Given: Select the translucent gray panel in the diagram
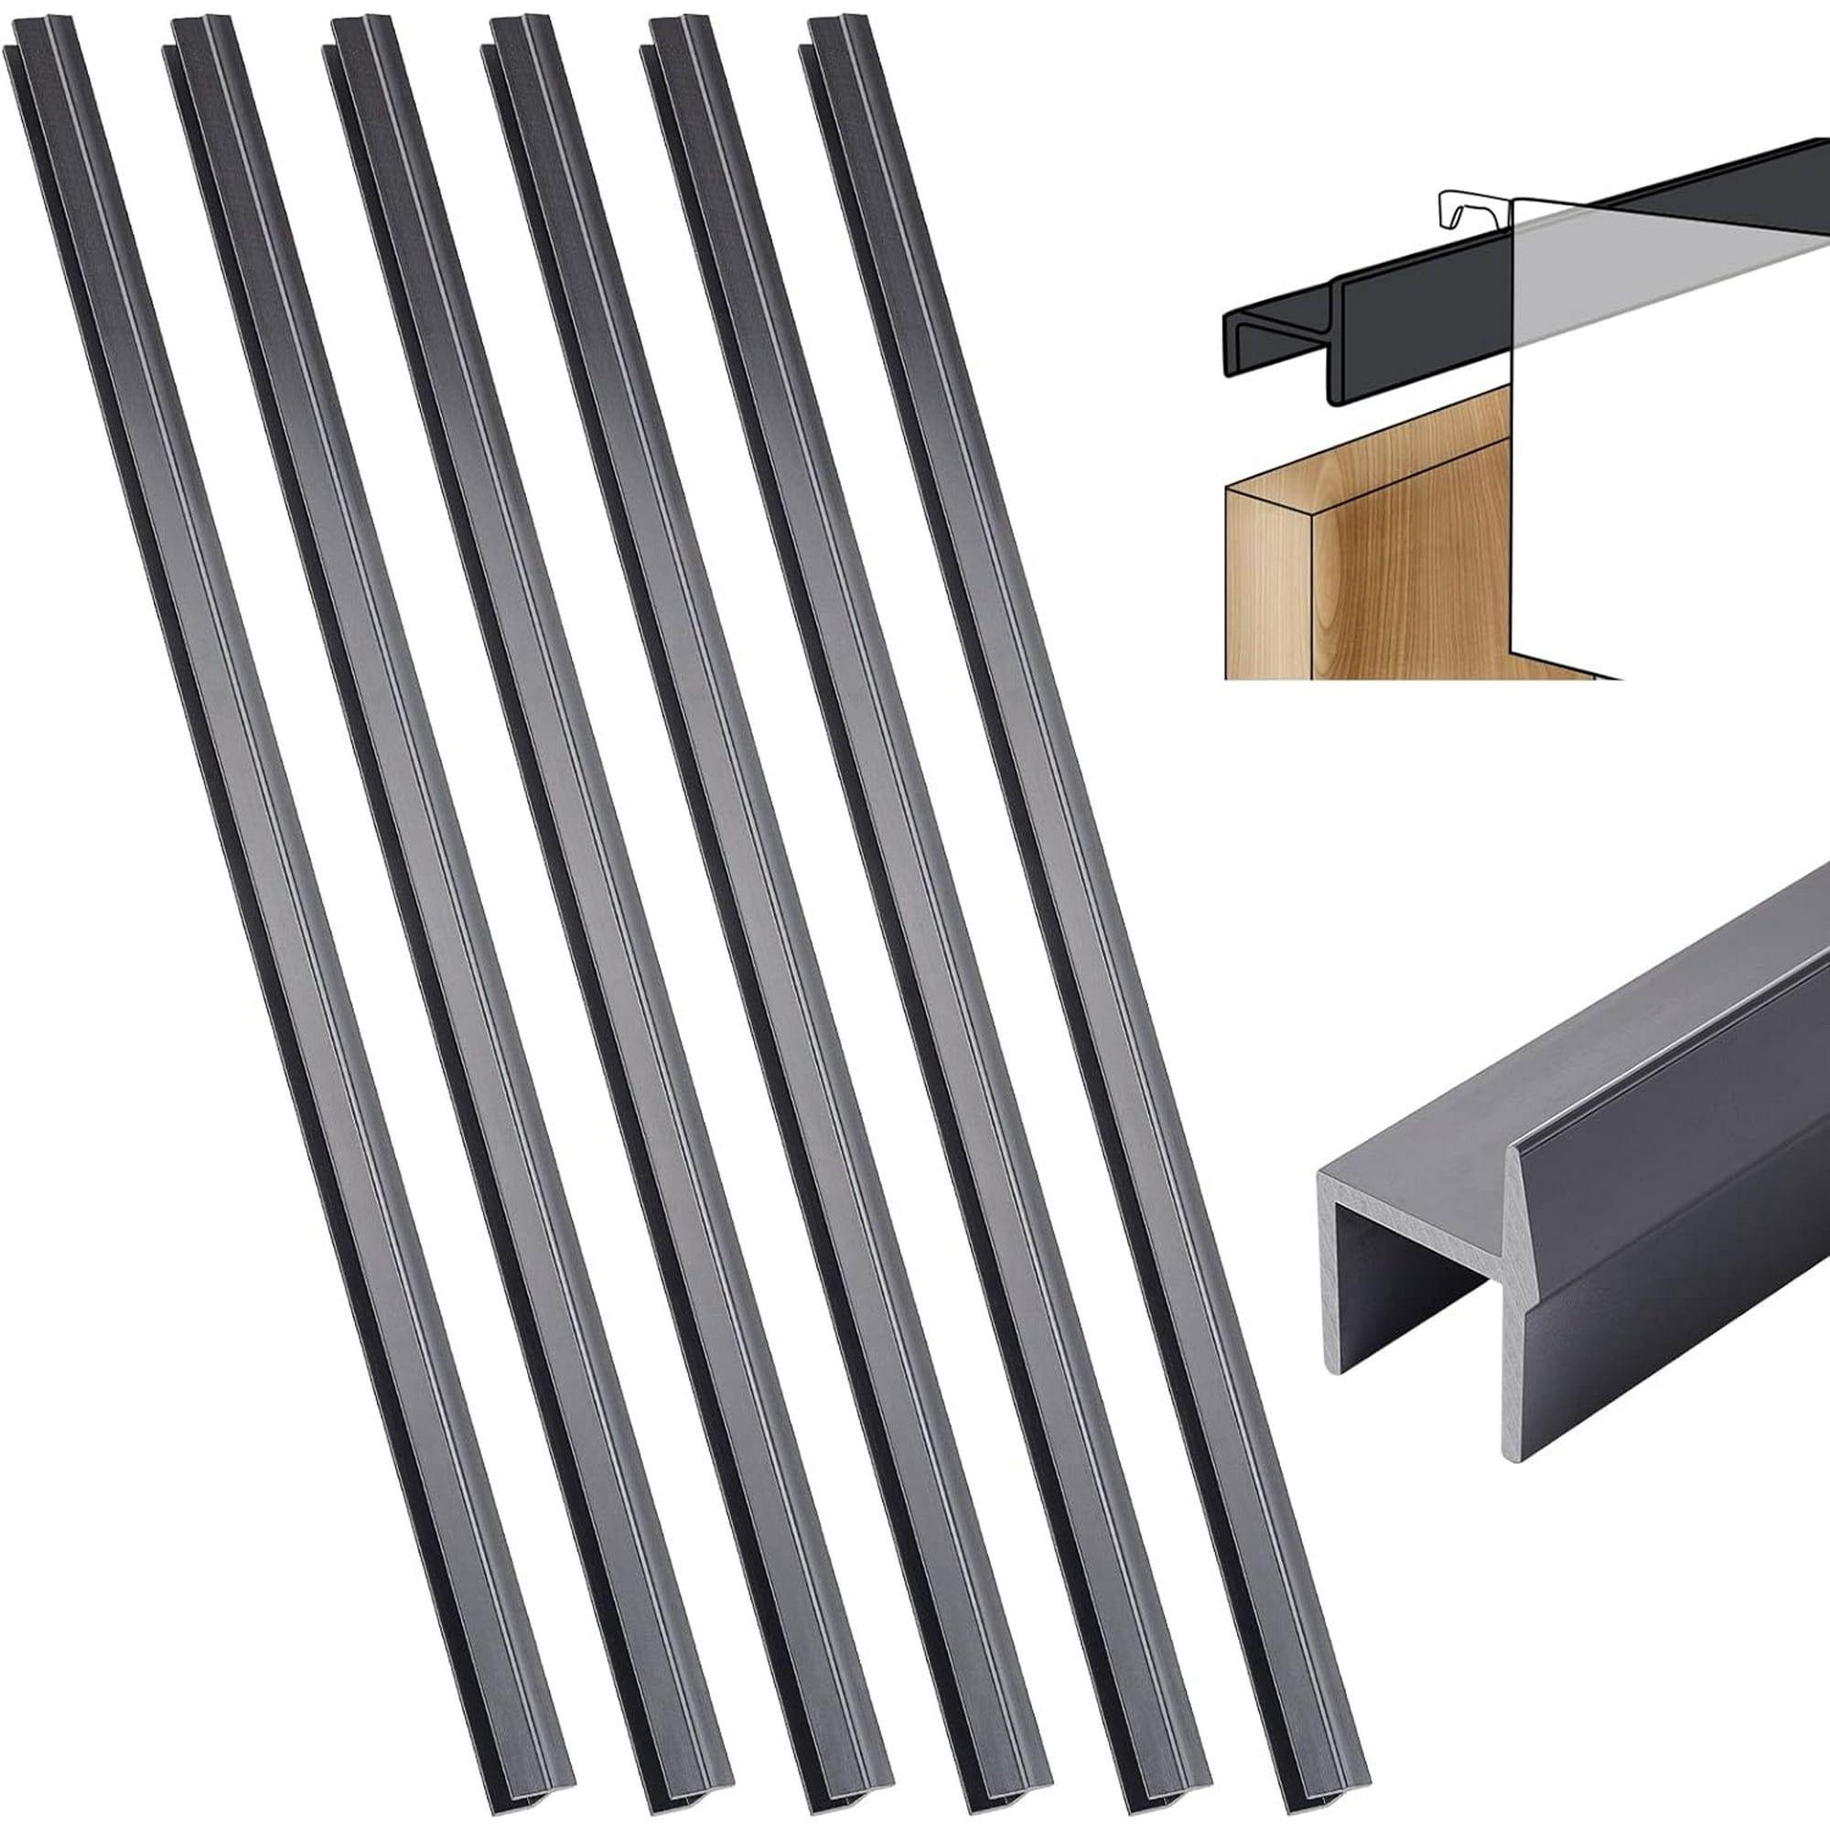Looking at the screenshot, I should [1658, 285].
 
